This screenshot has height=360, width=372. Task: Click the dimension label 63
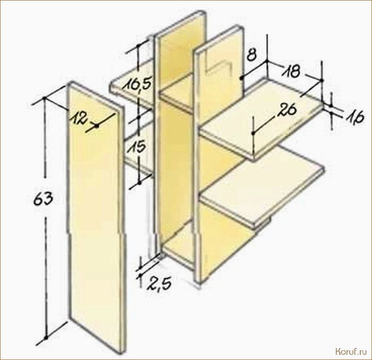[x=43, y=198]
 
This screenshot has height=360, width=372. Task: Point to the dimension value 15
[x=137, y=148]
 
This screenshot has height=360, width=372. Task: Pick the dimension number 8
[x=252, y=55]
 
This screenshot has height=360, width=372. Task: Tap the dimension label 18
[x=292, y=71]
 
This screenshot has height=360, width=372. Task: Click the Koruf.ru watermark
[x=351, y=352]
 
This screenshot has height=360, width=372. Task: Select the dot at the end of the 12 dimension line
[x=96, y=126]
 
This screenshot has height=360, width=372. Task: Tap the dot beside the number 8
[x=241, y=78]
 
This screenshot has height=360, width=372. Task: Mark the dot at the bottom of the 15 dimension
[x=139, y=183]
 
